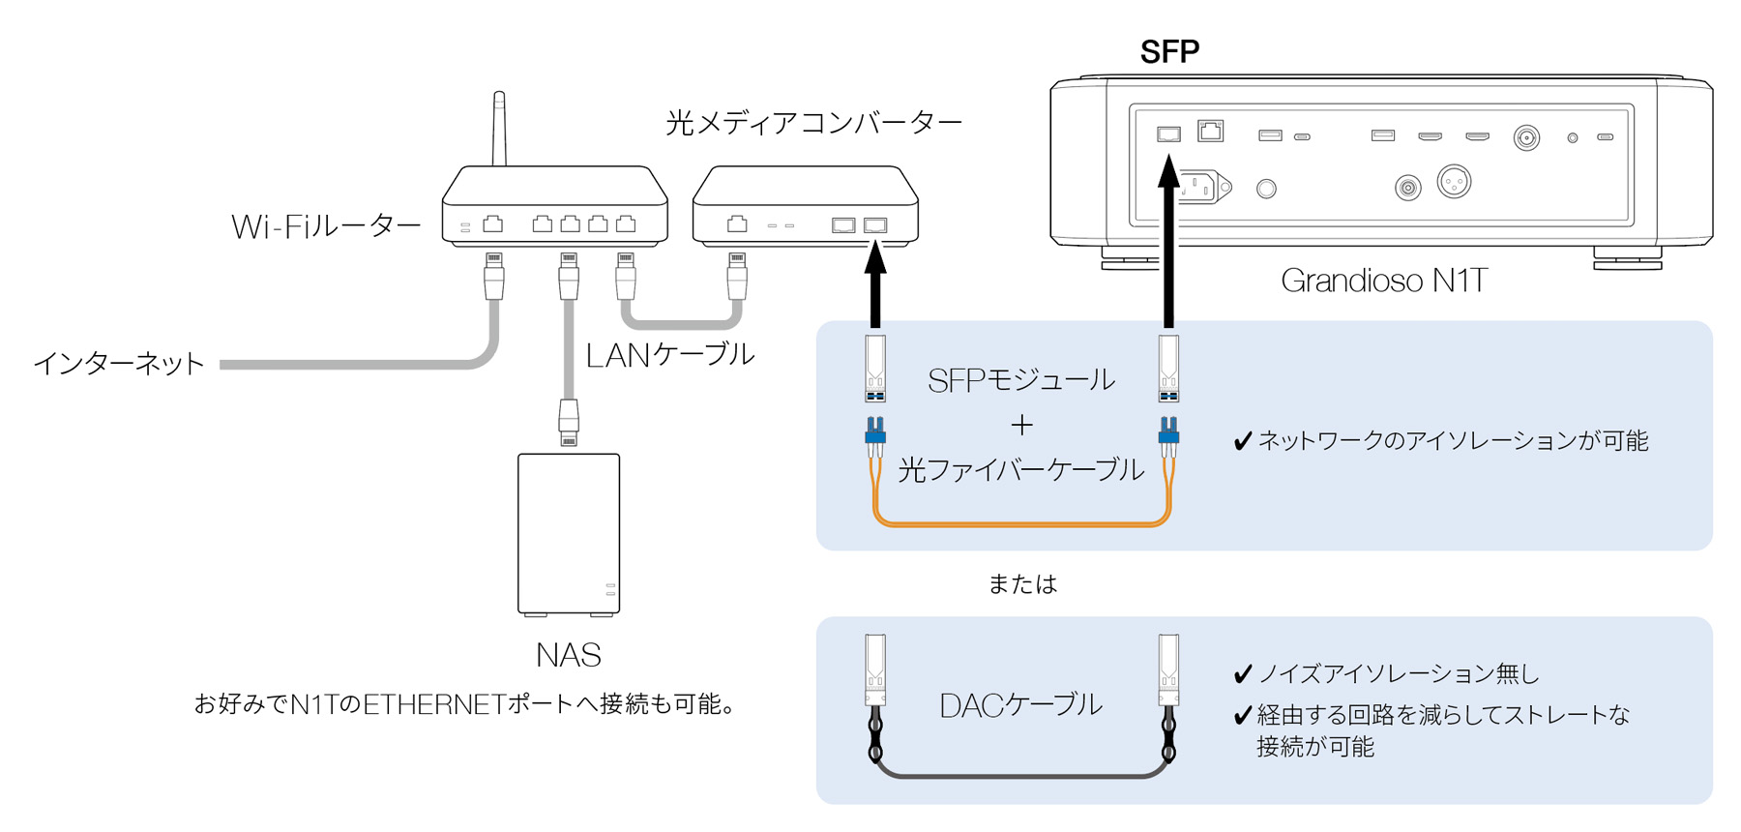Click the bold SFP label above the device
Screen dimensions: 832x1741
pyautogui.click(x=1169, y=51)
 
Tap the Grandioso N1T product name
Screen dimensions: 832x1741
pyautogui.click(x=1383, y=281)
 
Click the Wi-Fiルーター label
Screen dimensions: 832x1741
pyautogui.click(x=326, y=227)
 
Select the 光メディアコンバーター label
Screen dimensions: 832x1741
pyautogui.click(x=813, y=123)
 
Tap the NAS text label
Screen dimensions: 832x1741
pyautogui.click(x=569, y=656)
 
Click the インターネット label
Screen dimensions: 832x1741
pyautogui.click(x=119, y=364)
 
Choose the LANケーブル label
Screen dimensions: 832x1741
pyautogui.click(x=669, y=355)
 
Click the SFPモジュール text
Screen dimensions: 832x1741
pyautogui.click(x=1020, y=380)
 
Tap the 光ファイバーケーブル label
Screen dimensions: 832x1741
pyautogui.click(x=1021, y=470)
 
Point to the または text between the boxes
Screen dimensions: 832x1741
pyautogui.click(x=1022, y=584)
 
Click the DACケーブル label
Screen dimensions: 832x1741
pyautogui.click(x=1020, y=705)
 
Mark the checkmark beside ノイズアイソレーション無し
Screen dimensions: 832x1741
pyautogui.click(x=1243, y=674)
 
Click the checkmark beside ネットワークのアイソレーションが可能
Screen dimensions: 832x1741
pyautogui.click(x=1243, y=442)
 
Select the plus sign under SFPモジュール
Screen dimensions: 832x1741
pyautogui.click(x=1021, y=425)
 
